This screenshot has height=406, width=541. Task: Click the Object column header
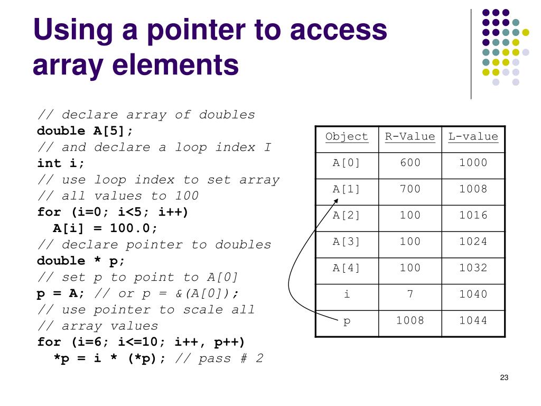pyautogui.click(x=347, y=137)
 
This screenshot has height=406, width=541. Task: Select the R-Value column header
pyautogui.click(x=410, y=137)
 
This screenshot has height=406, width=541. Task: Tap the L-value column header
pyautogui.click(x=473, y=137)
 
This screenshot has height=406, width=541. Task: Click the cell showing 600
pyautogui.click(x=410, y=163)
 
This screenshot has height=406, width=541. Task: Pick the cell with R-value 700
pyautogui.click(x=410, y=189)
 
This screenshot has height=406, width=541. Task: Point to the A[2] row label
pyautogui.click(x=347, y=215)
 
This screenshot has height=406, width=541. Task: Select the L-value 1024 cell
pyautogui.click(x=473, y=242)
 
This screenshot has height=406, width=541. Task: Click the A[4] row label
pyautogui.click(x=347, y=268)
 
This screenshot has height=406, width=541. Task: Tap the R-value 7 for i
pyautogui.click(x=410, y=294)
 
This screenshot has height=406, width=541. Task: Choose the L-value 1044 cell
pyautogui.click(x=473, y=320)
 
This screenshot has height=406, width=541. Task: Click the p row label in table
pyautogui.click(x=347, y=320)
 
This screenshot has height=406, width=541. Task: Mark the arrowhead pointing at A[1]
pyautogui.click(x=336, y=201)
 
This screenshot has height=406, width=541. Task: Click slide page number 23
pyautogui.click(x=503, y=377)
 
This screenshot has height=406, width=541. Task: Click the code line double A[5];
pyautogui.click(x=85, y=131)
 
